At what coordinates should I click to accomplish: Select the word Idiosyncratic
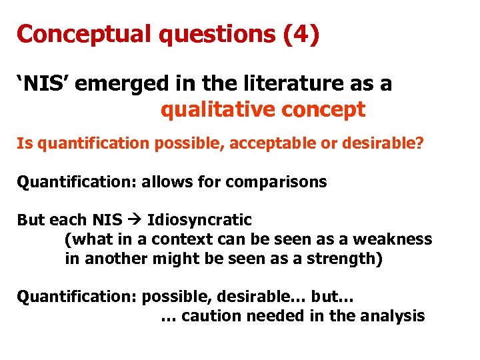[x=199, y=220]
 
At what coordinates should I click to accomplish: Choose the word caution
[x=211, y=315]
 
